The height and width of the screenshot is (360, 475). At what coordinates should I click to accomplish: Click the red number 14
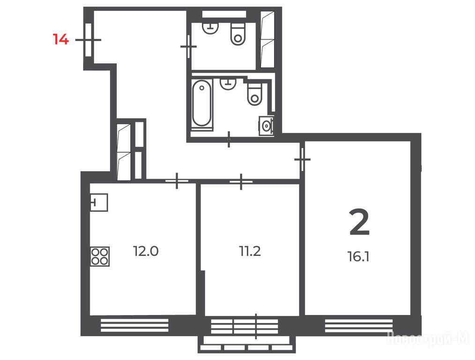tap(61, 39)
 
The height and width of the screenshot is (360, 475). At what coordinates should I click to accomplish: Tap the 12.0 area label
tap(146, 251)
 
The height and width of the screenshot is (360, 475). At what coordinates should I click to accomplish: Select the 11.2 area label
tap(250, 251)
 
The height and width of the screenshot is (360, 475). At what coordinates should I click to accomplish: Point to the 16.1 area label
tap(358, 257)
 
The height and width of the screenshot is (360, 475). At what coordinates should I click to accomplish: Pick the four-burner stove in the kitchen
tap(100, 257)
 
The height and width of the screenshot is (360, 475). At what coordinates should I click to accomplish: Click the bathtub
tap(202, 104)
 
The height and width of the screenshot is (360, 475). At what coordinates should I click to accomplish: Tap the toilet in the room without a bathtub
tap(238, 34)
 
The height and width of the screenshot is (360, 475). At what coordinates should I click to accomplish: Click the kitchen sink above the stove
tap(99, 202)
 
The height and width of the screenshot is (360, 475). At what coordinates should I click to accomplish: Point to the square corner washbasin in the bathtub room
tap(266, 126)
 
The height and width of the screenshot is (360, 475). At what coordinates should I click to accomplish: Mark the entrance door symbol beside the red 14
tap(88, 40)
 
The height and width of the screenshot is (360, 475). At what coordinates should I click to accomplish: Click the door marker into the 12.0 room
tap(177, 181)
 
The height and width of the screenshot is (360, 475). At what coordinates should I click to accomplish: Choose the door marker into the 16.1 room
tap(302, 159)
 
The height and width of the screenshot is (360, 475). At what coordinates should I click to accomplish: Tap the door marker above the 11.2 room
tap(241, 181)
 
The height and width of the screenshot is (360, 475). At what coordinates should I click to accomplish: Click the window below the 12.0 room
tap(134, 325)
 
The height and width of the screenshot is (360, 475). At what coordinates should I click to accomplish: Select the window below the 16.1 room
tap(359, 326)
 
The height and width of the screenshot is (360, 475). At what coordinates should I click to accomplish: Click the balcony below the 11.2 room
tap(246, 344)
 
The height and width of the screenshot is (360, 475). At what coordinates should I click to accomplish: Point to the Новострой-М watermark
tap(428, 338)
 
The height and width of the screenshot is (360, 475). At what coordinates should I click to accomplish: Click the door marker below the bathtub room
tap(229, 139)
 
